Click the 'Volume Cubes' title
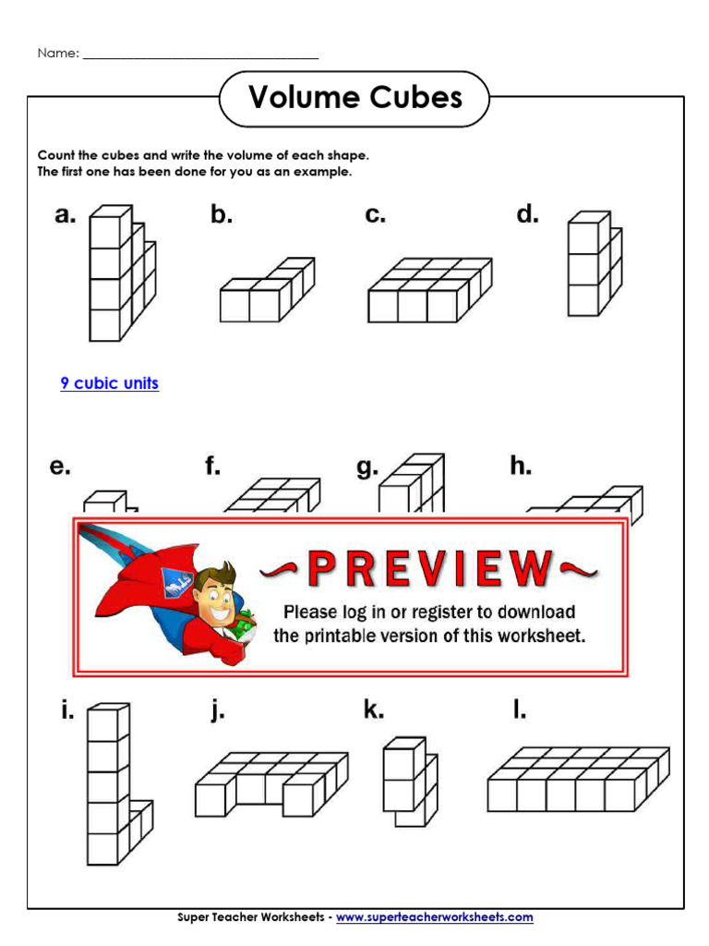point(355,98)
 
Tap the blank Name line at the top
point(200,55)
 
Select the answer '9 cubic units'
point(110,383)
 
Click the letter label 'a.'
point(65,216)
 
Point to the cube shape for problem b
point(266,290)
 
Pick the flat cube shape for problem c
point(428,290)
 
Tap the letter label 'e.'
point(60,467)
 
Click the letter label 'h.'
point(521,467)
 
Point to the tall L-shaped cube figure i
point(116,784)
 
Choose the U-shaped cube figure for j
point(270,783)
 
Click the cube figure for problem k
point(409,782)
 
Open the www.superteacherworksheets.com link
point(434,917)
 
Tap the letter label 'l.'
point(520,711)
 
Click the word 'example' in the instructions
point(322,172)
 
